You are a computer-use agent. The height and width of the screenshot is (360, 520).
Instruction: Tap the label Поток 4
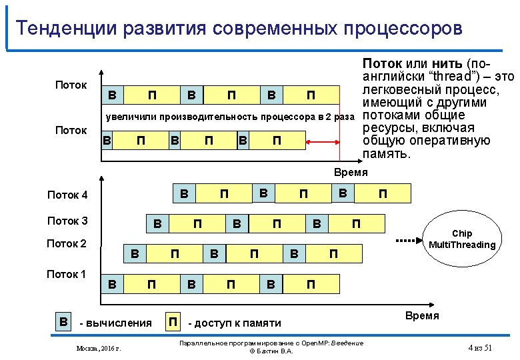pos(67,195)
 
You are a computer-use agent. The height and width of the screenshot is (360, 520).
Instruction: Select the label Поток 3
pos(67,221)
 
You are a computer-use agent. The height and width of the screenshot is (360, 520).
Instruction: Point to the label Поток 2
pos(67,243)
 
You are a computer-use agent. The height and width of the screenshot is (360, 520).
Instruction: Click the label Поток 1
pos(67,273)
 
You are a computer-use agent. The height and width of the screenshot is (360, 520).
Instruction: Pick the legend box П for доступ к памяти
pos(173,322)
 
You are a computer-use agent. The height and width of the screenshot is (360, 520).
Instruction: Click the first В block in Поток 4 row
pos(184,194)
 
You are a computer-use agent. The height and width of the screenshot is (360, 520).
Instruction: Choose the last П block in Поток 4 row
pos(382,194)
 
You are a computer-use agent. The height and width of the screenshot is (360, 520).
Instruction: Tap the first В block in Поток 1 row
pos(113,285)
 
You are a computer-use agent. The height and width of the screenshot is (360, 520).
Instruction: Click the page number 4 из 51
pos(480,349)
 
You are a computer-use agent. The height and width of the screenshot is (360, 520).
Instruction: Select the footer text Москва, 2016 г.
pos(103,349)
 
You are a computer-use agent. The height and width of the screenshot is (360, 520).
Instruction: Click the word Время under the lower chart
pos(423,315)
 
